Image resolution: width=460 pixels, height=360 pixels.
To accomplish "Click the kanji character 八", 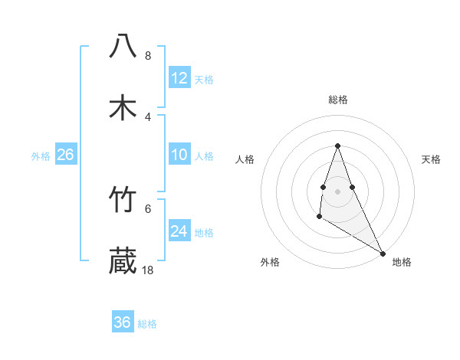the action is coord(123,45).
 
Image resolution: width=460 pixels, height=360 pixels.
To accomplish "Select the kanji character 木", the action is coord(123,107).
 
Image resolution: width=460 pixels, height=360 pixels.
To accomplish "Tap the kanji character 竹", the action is coord(123,200).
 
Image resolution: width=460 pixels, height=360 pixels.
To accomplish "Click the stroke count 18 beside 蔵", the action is coord(148,270).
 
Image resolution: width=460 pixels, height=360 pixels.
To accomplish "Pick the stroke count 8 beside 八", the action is coord(147,56).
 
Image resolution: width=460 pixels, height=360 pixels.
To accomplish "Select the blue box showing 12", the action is coord(179,78).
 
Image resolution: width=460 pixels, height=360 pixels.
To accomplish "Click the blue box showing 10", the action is coord(179,155).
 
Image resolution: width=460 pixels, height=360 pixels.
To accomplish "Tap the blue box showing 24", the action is coord(179,231).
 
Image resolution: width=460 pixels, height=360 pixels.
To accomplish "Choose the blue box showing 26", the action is coord(66,155).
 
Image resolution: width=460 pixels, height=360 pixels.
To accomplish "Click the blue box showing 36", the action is coord(123,322).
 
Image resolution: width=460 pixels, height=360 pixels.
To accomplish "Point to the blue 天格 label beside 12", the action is coord(204,80).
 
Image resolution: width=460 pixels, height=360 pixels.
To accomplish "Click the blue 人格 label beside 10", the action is coord(204,156).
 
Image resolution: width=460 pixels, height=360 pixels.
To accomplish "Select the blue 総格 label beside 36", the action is coord(147,324).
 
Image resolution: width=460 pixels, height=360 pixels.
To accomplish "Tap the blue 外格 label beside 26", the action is coord(41,156).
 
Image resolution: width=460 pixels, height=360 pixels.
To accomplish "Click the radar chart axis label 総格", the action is coord(338,100).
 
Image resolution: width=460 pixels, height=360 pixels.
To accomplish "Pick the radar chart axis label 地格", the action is coord(402,262).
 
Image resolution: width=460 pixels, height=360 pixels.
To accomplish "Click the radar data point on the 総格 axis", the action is coord(337,146).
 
